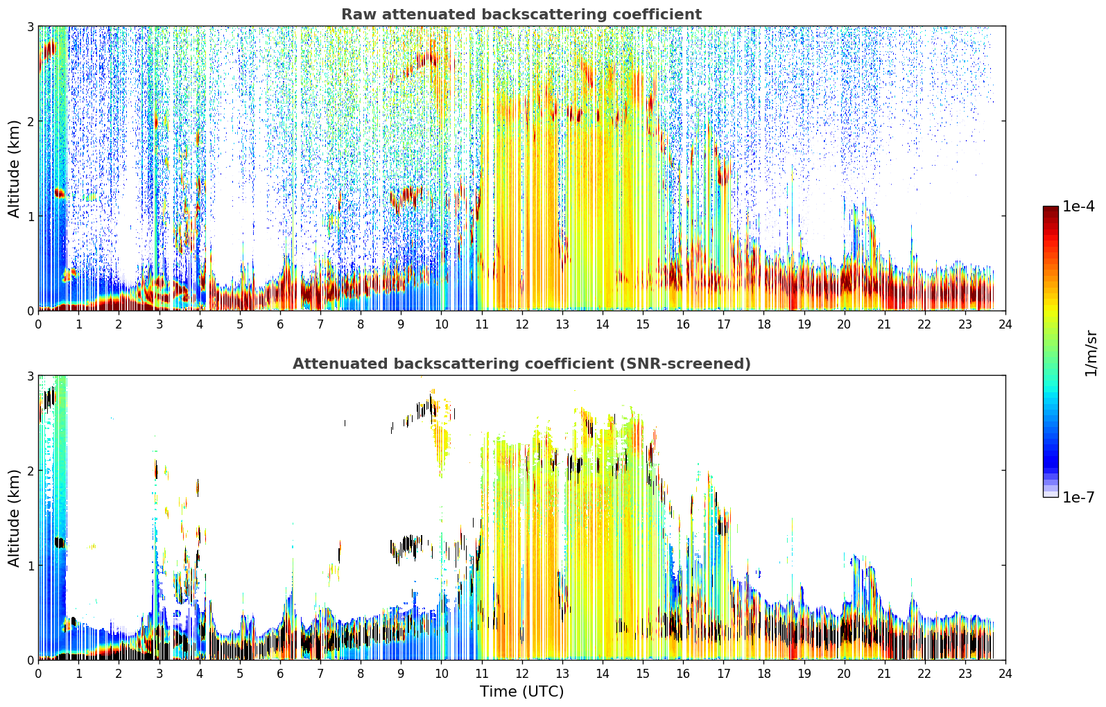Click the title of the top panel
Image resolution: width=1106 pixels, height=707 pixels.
(521, 15)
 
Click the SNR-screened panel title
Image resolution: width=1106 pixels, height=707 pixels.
(521, 363)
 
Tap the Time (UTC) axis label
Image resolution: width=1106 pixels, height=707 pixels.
(521, 692)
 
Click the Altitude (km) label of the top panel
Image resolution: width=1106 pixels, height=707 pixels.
(14, 169)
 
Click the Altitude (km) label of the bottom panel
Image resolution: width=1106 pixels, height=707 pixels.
(14, 518)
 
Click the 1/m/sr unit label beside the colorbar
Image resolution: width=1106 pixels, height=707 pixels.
(1091, 353)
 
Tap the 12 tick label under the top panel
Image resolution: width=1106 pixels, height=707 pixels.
(522, 324)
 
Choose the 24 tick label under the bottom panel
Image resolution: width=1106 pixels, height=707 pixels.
(1005, 674)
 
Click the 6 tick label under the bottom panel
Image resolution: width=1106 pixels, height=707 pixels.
(280, 674)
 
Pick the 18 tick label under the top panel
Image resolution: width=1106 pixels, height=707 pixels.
(764, 324)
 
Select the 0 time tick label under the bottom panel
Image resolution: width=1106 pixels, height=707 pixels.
(39, 674)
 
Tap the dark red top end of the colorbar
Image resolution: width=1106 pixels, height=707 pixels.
(1051, 209)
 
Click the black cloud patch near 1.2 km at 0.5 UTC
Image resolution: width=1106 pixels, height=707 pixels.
(60, 543)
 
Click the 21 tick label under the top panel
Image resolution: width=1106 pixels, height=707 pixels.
(884, 324)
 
